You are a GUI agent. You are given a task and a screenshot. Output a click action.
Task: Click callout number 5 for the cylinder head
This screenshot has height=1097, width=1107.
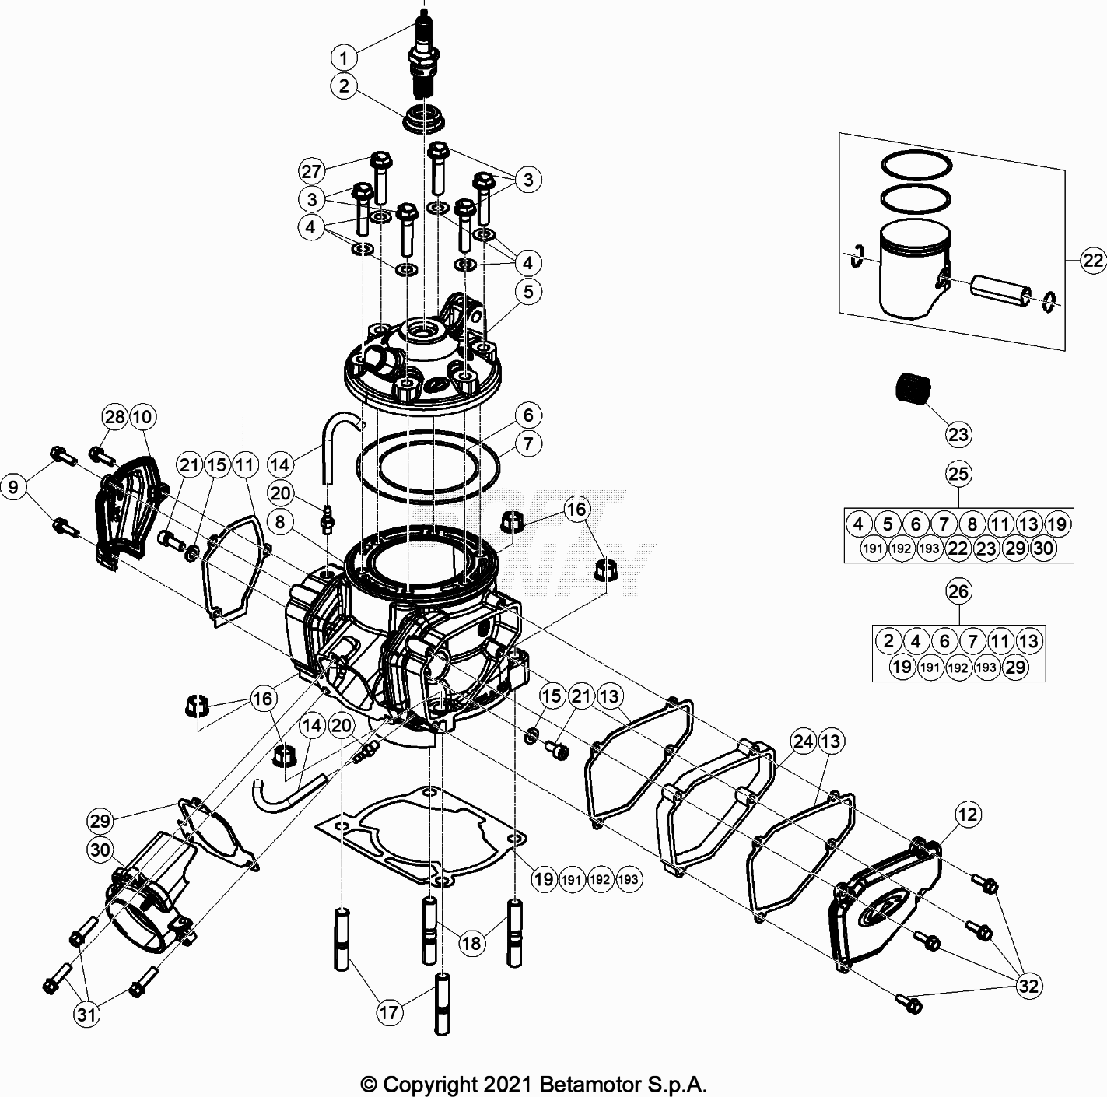[x=528, y=292]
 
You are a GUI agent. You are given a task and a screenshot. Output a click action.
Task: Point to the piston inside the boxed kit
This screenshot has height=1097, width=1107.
[x=910, y=268]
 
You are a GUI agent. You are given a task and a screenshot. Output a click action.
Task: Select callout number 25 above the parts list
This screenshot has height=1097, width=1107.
[x=958, y=473]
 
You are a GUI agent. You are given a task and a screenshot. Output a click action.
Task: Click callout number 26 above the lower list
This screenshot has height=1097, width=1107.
[x=958, y=591]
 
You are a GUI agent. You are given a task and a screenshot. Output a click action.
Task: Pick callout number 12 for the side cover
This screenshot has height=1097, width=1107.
[x=968, y=815]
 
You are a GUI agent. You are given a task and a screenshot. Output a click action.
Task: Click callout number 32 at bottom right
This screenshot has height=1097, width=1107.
[x=1028, y=987]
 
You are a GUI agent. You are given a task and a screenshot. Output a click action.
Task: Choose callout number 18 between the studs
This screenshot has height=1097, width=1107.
[x=471, y=943]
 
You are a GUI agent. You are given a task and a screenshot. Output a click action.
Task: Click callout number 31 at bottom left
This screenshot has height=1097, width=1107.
[x=88, y=1014]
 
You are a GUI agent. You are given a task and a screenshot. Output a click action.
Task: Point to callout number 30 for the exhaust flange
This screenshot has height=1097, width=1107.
[x=101, y=850]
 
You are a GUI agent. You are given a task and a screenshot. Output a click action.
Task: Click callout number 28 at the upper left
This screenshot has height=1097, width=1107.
[x=114, y=417]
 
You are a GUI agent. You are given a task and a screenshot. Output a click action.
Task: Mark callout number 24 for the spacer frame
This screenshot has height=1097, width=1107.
[x=803, y=741]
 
